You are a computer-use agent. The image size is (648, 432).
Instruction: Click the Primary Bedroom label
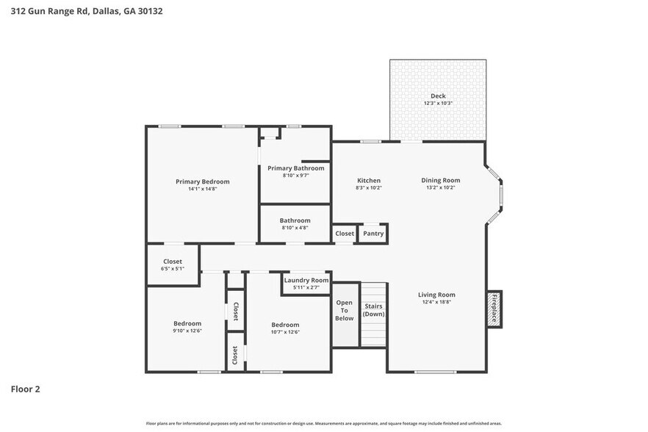202,181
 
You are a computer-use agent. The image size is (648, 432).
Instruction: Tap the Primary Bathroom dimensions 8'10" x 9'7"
295,176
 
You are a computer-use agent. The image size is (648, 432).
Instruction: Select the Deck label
438,96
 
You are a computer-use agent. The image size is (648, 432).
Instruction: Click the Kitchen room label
368,181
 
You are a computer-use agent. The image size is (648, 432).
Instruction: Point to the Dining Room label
440,181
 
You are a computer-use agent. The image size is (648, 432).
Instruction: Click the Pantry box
373,234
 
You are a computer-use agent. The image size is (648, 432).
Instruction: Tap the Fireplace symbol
494,309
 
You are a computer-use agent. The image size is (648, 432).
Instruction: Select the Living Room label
437,295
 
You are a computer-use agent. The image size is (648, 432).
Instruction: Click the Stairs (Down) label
373,310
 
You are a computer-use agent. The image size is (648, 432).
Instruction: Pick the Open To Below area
345,311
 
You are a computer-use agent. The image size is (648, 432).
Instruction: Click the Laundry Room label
306,281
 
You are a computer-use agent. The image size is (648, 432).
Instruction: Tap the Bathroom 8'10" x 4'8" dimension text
295,228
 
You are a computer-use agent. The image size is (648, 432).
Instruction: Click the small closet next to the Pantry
345,234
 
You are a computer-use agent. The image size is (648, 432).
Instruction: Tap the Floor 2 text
25,389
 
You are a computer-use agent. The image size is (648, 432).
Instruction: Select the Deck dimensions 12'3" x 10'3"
438,104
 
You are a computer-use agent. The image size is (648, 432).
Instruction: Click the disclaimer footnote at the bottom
324,423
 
